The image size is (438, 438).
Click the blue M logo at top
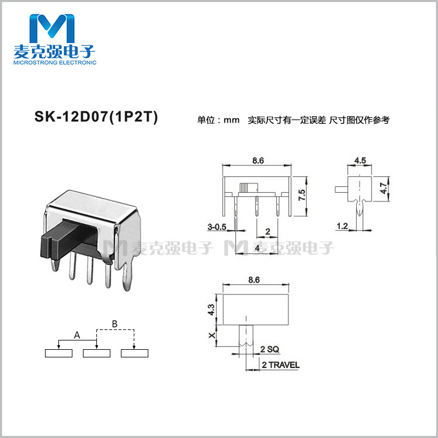(x=54, y=26)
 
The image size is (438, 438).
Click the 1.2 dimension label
(x=342, y=225)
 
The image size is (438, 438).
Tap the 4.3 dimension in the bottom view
(x=211, y=310)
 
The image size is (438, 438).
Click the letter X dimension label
(x=211, y=335)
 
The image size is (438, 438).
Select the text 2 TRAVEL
(x=280, y=365)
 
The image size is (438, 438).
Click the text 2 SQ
(x=270, y=349)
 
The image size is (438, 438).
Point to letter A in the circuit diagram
(x=77, y=335)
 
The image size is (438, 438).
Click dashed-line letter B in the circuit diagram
(x=115, y=323)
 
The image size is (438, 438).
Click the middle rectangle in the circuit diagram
(x=96, y=353)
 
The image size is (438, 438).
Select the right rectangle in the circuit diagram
(x=134, y=353)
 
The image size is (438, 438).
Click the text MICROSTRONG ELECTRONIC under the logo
(x=54, y=62)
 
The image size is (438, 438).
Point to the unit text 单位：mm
(x=219, y=120)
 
